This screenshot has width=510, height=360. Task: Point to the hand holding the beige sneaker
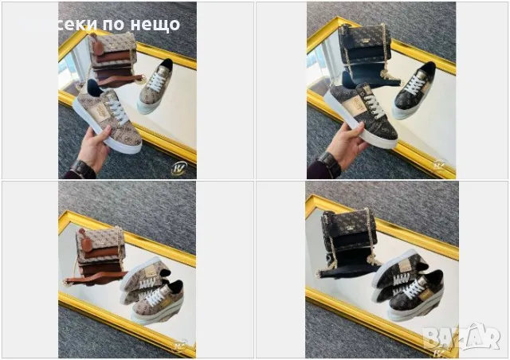tap(92, 149)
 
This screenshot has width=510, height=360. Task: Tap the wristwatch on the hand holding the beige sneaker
tap(81, 169)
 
